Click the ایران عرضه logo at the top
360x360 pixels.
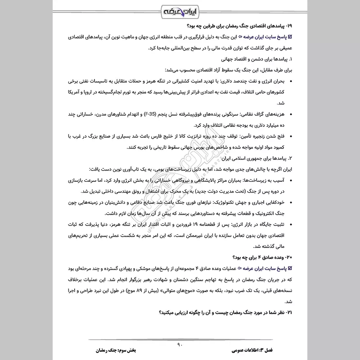click(x=180, y=10)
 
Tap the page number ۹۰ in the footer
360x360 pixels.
click(x=180, y=345)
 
